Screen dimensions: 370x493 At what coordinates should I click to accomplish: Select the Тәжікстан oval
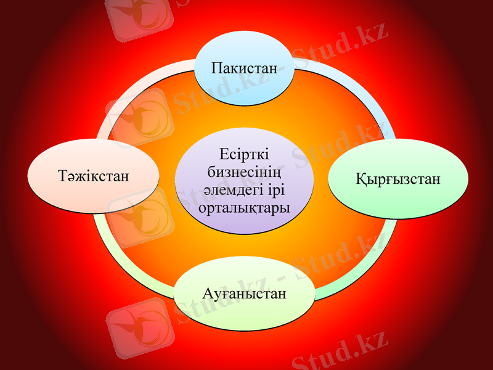click(95, 176)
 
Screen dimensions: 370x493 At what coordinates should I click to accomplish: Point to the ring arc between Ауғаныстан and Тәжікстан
click(123, 262)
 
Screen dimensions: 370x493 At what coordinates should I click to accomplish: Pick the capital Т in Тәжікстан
click(63, 176)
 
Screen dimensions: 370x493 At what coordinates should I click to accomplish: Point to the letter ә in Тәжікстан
click(73, 177)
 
